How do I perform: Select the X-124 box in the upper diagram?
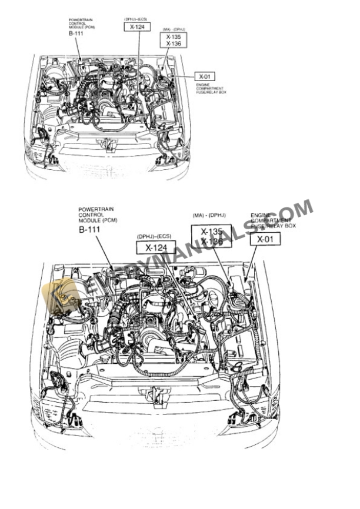[137, 26]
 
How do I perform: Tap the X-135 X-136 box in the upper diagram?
[174, 40]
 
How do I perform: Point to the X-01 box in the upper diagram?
[204, 76]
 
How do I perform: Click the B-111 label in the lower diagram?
[90, 230]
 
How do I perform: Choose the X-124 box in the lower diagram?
[156, 247]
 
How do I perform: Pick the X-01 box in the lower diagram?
[265, 239]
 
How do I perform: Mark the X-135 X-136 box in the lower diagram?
[211, 236]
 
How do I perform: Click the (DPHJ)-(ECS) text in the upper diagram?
[136, 19]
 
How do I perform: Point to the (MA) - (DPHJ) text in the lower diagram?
[210, 216]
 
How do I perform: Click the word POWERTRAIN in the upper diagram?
[78, 19]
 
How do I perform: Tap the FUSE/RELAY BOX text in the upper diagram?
[211, 92]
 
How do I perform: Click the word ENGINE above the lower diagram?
[261, 216]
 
